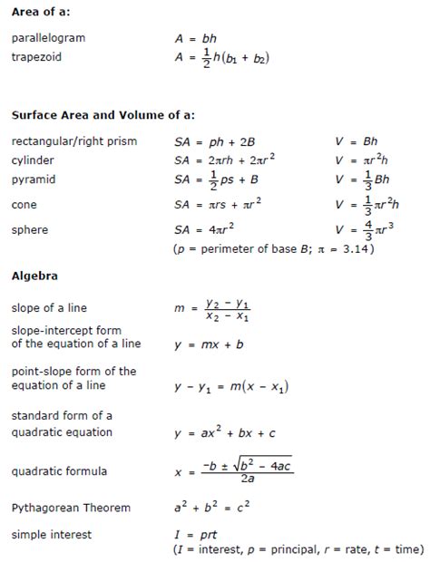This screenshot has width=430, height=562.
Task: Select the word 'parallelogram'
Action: (x=48, y=38)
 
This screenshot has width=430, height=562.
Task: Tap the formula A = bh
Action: (x=196, y=39)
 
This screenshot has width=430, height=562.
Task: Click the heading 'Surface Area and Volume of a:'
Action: (x=103, y=115)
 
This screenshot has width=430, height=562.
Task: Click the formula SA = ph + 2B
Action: (x=214, y=141)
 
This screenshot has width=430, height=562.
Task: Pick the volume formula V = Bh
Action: (x=356, y=141)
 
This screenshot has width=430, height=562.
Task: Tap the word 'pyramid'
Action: (x=34, y=179)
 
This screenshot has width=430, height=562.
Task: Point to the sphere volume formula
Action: (x=366, y=229)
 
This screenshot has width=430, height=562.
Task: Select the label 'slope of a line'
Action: (x=49, y=308)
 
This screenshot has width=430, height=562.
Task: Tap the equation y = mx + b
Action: (x=211, y=344)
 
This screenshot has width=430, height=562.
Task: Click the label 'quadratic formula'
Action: (x=59, y=471)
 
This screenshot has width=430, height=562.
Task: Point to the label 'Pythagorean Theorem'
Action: (x=71, y=508)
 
